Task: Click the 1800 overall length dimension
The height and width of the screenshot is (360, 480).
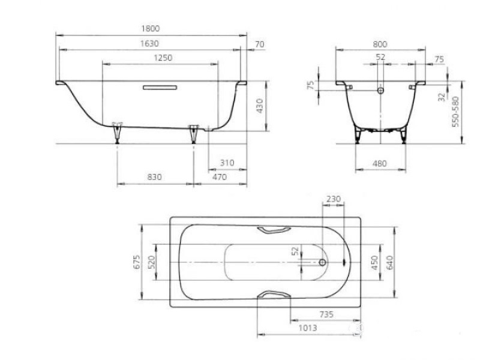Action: [151, 28]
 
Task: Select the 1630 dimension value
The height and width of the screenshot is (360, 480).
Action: [149, 44]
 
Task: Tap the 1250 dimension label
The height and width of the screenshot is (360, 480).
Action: [163, 58]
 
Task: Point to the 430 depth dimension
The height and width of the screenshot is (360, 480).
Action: [260, 106]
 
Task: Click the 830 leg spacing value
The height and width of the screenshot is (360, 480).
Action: [154, 177]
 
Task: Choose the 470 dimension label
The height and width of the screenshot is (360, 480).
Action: [220, 177]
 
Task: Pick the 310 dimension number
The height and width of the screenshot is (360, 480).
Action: [227, 163]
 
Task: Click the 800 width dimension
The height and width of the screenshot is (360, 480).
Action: [380, 44]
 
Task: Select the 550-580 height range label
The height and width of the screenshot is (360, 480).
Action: [456, 112]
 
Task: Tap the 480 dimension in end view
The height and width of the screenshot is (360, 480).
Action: [380, 164]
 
